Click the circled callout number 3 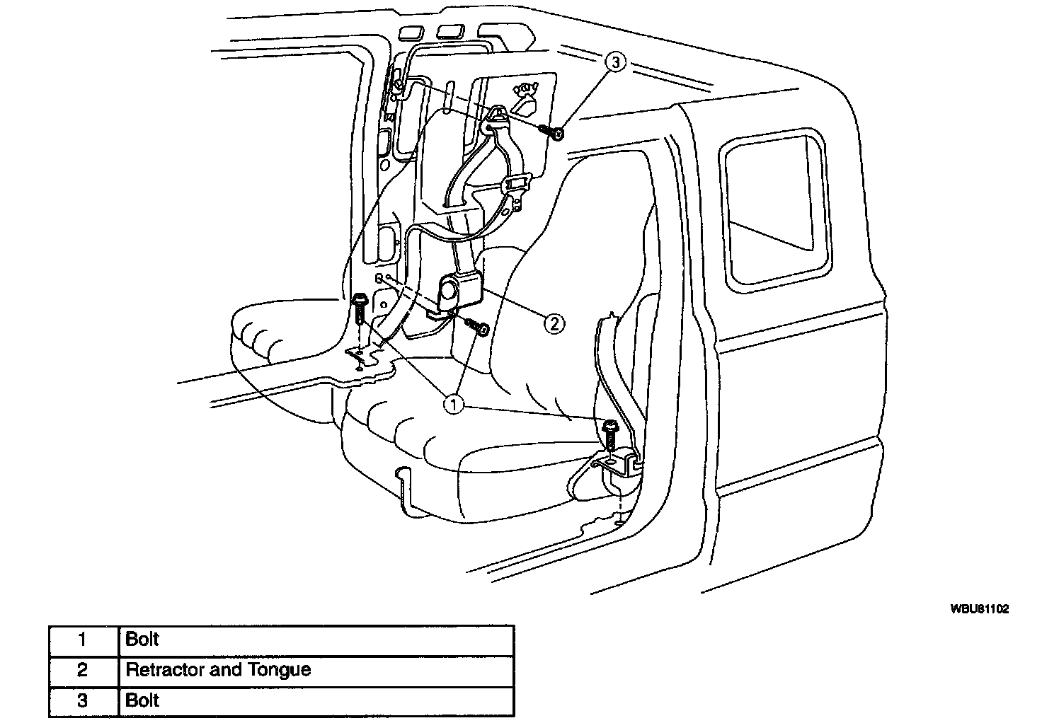615,63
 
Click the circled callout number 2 554,323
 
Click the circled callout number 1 452,404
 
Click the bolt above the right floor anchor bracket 609,433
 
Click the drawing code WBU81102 979,608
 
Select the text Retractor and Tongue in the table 218,669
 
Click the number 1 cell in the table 83,640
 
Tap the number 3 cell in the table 83,700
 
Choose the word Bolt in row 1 142,640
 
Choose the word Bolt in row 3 142,700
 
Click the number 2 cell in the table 83,670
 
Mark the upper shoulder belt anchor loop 497,119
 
